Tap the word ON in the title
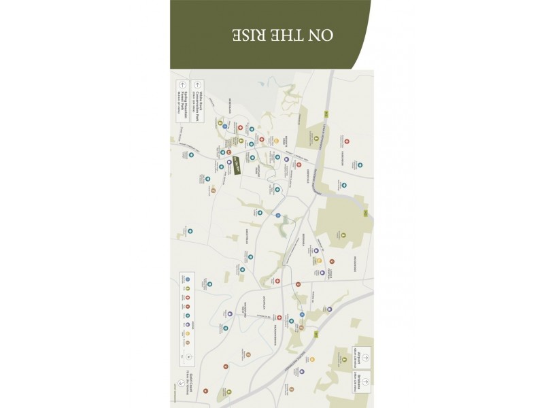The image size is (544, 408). click(324, 35)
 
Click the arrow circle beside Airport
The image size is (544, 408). click(366, 356)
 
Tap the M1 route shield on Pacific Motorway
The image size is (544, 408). click(316, 334)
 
